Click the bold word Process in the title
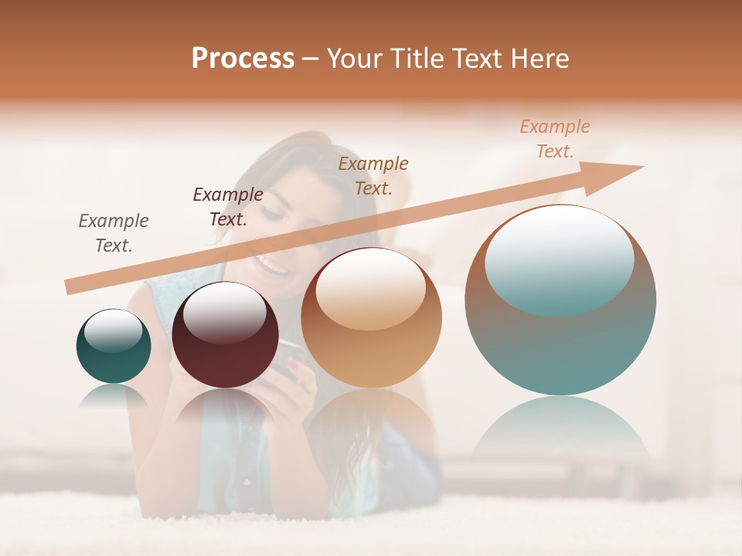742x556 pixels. pyautogui.click(x=243, y=59)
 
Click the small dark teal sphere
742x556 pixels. pyautogui.click(x=114, y=347)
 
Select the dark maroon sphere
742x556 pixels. pyautogui.click(x=225, y=335)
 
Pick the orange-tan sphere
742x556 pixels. pyautogui.click(x=371, y=318)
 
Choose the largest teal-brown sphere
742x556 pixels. pyautogui.click(x=560, y=300)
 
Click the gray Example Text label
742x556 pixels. pyautogui.click(x=114, y=233)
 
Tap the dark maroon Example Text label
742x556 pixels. pyautogui.click(x=228, y=207)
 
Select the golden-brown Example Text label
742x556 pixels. pyautogui.click(x=373, y=175)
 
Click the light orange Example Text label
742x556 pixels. pyautogui.click(x=555, y=139)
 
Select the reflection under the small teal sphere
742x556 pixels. pyautogui.click(x=114, y=396)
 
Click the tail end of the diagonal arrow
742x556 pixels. pyautogui.click(x=71, y=286)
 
